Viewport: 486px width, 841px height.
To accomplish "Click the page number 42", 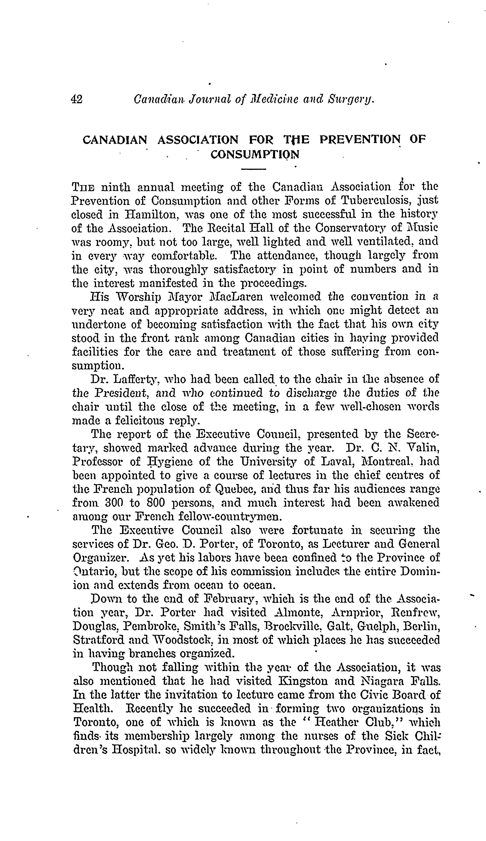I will (77, 99).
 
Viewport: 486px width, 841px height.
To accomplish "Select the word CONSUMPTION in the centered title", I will (255, 155).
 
